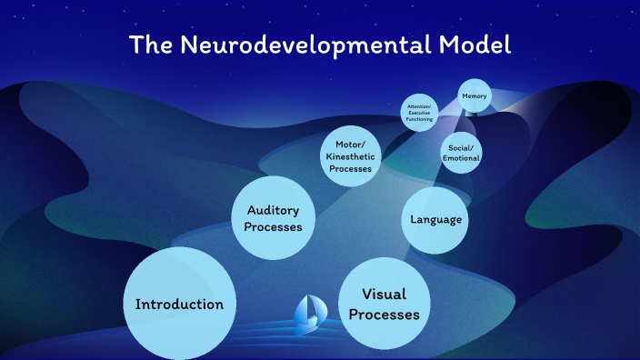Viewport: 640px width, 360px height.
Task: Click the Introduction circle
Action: point(178,303)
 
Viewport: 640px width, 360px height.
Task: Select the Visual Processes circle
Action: point(384,304)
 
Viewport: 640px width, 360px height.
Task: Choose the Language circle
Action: point(436,219)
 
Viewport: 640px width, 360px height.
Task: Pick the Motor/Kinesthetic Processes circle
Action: point(348,155)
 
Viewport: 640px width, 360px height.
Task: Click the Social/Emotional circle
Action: point(460,152)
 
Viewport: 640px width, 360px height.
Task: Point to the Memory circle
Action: point(474,95)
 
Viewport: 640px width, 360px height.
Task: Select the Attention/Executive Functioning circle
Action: point(420,113)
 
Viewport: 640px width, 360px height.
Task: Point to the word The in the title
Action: point(149,45)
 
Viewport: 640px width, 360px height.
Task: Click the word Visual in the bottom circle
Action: point(384,294)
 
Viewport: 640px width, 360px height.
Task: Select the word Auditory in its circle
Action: point(274,210)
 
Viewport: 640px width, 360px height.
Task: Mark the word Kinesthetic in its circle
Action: point(349,155)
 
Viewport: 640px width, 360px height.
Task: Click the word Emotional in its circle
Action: point(460,158)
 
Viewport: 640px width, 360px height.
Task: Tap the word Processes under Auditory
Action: point(274,226)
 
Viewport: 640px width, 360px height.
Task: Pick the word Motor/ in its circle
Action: point(349,144)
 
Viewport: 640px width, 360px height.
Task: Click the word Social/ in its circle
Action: point(460,146)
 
